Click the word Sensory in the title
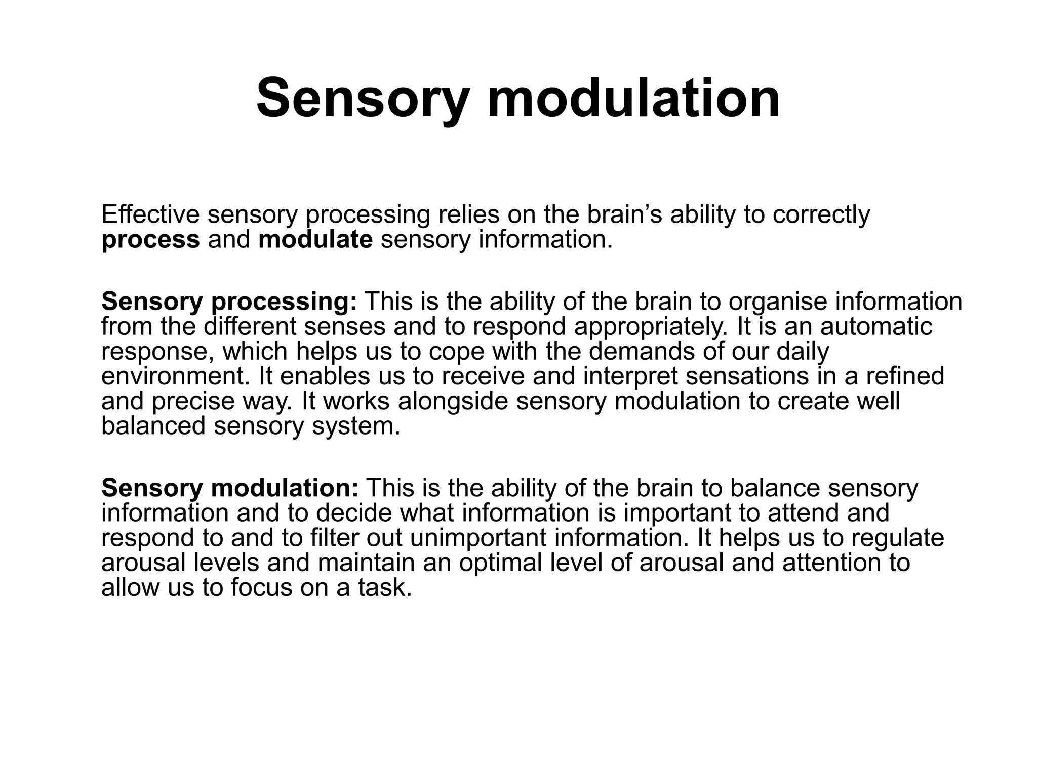[x=362, y=98]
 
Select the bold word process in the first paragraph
[x=150, y=239]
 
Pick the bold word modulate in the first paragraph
[x=315, y=239]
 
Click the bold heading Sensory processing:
[x=229, y=301]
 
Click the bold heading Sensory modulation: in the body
[x=230, y=488]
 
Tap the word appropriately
[x=651, y=327]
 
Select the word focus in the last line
[x=262, y=588]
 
